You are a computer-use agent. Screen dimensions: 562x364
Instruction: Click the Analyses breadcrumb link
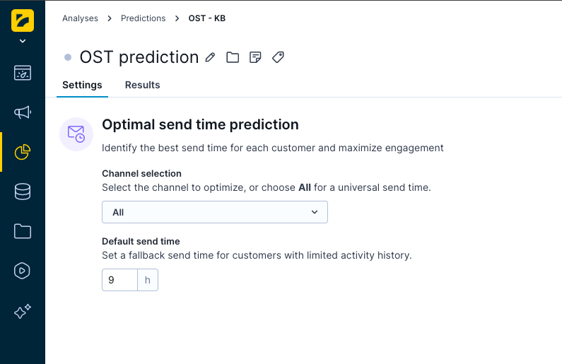(80, 18)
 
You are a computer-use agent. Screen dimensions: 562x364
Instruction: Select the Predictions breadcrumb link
(143, 18)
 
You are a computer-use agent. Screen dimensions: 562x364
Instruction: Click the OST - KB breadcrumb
(207, 18)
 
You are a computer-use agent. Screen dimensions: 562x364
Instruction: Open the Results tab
(142, 85)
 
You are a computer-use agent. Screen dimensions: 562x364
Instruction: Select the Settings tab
(82, 85)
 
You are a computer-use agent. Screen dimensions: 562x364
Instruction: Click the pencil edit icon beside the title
(210, 57)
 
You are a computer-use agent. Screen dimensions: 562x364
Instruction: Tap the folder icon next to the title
(233, 57)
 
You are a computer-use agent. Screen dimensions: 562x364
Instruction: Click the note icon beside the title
(255, 57)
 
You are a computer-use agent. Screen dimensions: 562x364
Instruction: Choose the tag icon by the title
(278, 57)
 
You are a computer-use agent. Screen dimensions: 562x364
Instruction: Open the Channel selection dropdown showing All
(215, 212)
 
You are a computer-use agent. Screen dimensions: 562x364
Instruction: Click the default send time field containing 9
(119, 280)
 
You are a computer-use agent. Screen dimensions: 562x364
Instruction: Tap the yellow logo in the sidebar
(23, 20)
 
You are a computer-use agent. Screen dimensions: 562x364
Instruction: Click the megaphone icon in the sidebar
(23, 112)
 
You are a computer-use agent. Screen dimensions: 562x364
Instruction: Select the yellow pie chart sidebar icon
(23, 152)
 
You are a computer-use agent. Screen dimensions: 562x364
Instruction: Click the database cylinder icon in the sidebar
(23, 192)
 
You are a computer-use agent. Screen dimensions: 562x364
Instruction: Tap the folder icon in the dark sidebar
(23, 231)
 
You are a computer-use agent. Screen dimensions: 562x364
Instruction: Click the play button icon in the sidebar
(22, 271)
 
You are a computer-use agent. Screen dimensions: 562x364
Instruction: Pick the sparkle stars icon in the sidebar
(23, 311)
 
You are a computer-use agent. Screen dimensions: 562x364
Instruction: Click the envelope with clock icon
(76, 134)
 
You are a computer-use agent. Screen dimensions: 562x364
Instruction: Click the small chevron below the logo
(23, 41)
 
